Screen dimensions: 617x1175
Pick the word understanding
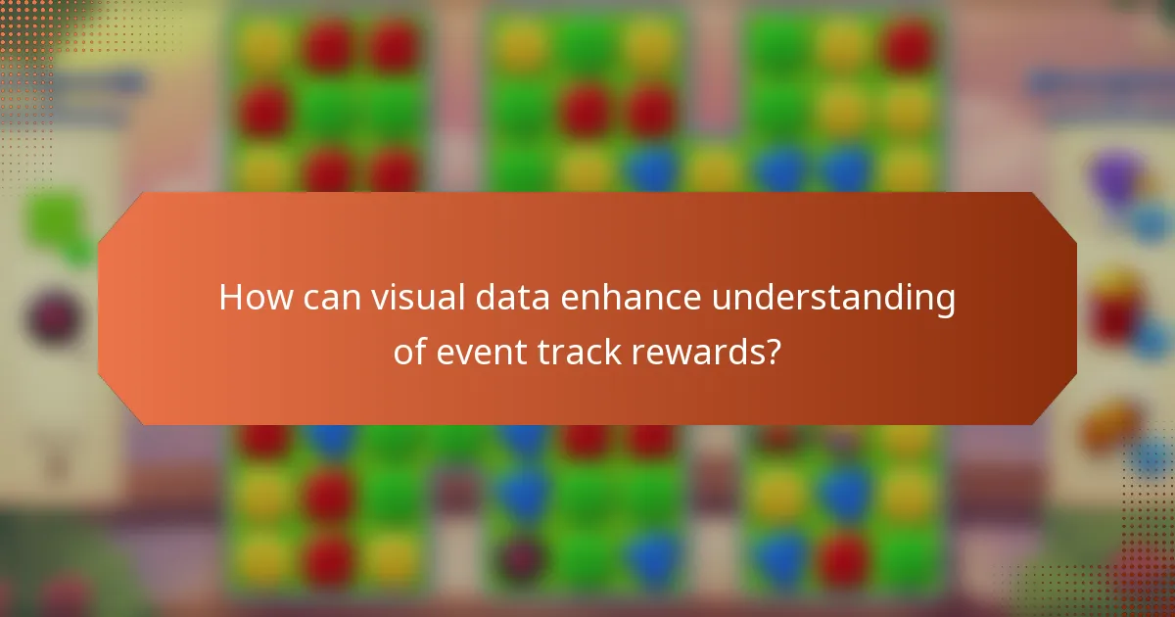coord(833,298)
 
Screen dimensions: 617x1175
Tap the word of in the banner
coord(409,352)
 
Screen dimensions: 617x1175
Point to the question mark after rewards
coord(773,352)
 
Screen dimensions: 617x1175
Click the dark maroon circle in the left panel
coord(54,318)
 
